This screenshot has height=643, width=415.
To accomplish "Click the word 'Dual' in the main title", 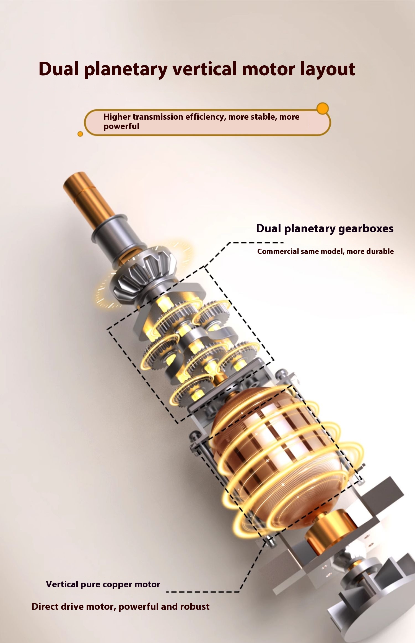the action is (59, 69).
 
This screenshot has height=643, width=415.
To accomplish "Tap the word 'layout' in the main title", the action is (328, 69).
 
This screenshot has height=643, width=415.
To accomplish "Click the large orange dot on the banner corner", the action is (322, 109).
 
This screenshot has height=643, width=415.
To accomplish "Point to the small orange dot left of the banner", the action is (80, 134).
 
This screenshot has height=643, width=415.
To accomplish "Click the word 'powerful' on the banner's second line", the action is (121, 126).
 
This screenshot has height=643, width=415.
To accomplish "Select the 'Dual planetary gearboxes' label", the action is (325, 229).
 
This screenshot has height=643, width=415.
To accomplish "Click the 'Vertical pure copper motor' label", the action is (103, 584).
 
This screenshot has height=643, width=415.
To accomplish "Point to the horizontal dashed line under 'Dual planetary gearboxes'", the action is (257, 243).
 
